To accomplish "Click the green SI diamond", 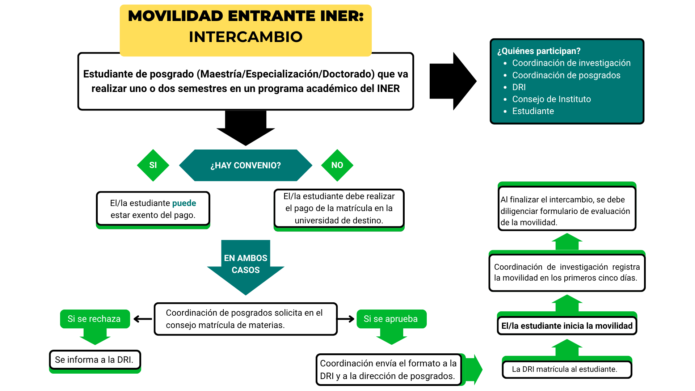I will pos(153,165).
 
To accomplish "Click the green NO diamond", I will pos(337,165).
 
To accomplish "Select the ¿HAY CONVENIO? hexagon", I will pos(245,165).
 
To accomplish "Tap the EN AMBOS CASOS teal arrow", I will pos(245,266).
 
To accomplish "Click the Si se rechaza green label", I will pos(94,319).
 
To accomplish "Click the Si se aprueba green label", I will pos(391,319).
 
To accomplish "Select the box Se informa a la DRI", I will pos(94,360).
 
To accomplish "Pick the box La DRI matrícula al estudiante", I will pos(566,369).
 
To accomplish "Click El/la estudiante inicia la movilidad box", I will pos(566,326).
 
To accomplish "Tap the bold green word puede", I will pos(184,203).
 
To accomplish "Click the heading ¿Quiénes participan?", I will pos(539,51).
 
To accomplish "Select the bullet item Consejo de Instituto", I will pos(551,99).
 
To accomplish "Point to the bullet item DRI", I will pos(519,87).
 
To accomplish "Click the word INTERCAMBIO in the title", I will pos(245,37).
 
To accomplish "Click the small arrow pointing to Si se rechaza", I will pos(143,319).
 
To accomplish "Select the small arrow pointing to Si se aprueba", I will pos(346,319).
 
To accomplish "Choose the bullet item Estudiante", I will pos(533,111).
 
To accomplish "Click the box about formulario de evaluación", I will pos(566,211).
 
